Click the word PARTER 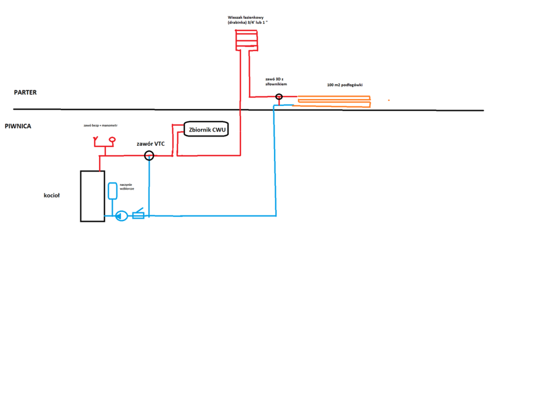(25, 93)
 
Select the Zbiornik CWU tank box (207, 130)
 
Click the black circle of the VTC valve (149, 156)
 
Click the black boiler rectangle (92, 196)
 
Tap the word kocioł (52, 196)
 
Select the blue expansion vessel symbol (113, 190)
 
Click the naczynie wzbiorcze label (127, 187)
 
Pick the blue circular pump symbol (122, 216)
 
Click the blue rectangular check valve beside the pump (138, 215)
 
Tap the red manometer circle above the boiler (112, 140)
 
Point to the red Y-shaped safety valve (96, 141)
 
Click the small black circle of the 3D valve (278, 98)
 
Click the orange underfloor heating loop (334, 101)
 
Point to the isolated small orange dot (389, 100)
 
